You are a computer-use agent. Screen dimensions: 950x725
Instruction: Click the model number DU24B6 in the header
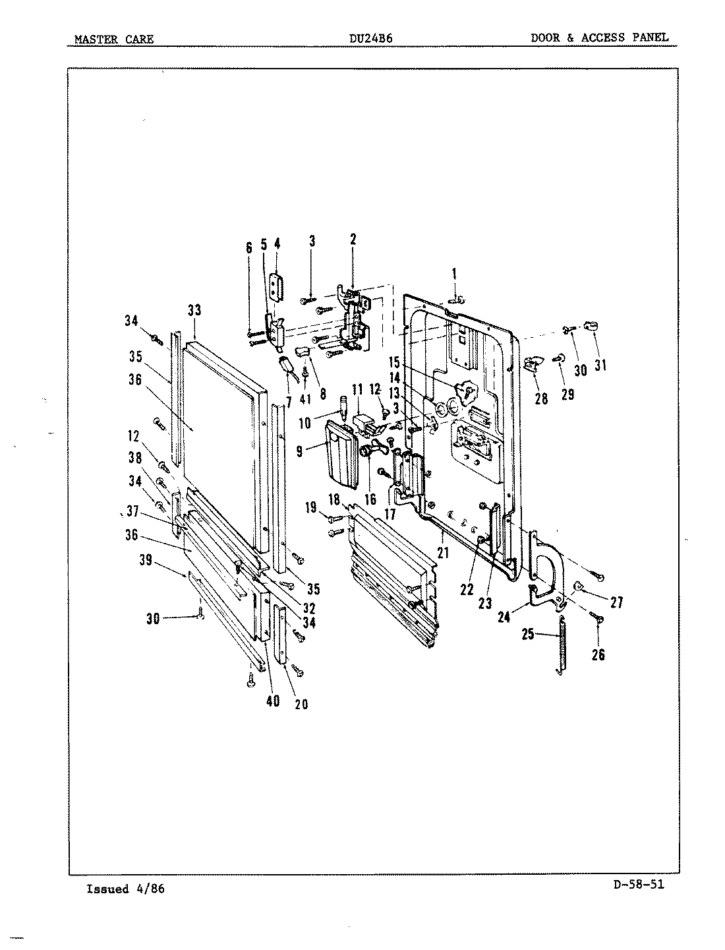(x=370, y=38)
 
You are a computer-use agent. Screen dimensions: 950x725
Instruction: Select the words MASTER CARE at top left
(x=113, y=39)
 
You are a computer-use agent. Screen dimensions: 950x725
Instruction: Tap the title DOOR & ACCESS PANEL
(x=599, y=38)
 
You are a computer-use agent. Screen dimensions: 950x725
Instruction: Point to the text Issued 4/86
(x=125, y=889)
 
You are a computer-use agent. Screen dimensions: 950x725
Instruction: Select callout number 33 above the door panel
(x=194, y=310)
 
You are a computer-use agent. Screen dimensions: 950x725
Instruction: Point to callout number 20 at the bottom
(x=301, y=704)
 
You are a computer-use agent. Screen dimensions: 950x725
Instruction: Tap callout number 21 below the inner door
(x=442, y=552)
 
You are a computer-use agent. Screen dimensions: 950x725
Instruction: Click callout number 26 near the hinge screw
(x=598, y=655)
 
